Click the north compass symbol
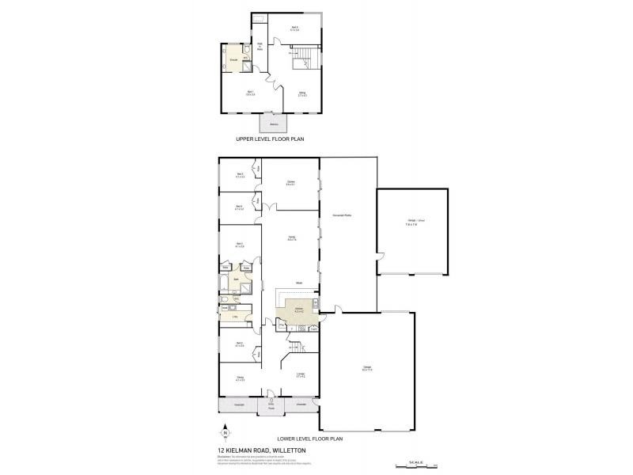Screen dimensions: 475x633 pyautogui.click(x=225, y=433)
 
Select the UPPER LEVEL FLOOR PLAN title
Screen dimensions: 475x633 pyautogui.click(x=270, y=139)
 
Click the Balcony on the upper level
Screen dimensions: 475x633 pyautogui.click(x=274, y=125)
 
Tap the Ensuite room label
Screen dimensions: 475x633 pyautogui.click(x=233, y=60)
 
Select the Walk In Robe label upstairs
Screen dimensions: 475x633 pyautogui.click(x=260, y=46)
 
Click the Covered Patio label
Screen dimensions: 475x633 pyautogui.click(x=343, y=215)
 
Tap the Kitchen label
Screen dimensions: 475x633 pyautogui.click(x=299, y=307)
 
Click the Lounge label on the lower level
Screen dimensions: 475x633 pyautogui.click(x=301, y=374)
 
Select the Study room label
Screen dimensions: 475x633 pyautogui.click(x=241, y=380)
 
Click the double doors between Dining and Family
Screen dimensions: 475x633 pyautogui.click(x=270, y=207)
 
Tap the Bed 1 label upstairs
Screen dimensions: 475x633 pyautogui.click(x=250, y=93)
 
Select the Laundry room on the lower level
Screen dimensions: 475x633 pyautogui.click(x=234, y=317)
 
